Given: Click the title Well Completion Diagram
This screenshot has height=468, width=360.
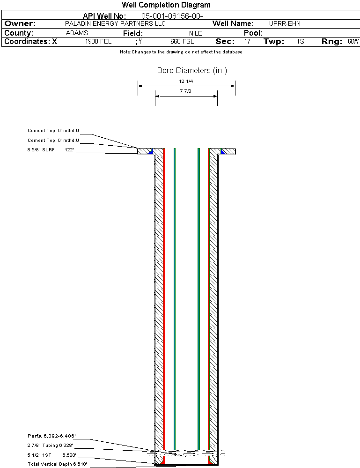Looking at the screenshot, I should pos(166,5).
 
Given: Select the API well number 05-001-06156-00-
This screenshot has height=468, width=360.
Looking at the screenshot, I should pos(172,16).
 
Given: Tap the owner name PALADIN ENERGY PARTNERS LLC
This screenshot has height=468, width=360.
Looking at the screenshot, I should pos(115,23).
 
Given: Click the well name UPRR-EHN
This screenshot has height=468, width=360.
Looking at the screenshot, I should pos(285,23).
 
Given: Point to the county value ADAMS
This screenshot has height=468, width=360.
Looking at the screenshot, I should pos(77,33).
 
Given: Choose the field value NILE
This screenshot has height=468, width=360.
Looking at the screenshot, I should pos(195,33).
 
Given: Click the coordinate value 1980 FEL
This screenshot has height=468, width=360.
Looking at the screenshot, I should pos(98,41).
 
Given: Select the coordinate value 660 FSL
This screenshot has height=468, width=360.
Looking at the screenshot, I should pos(182,41).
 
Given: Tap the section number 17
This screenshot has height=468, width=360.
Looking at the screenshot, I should pos(247,41).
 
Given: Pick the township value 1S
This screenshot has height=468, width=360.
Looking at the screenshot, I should pos(301,41).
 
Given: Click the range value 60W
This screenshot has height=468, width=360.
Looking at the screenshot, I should pos(353,41).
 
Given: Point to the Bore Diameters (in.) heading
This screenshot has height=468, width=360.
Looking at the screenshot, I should pos(192,71).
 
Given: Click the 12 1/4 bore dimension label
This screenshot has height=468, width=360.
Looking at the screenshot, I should pos(186,81).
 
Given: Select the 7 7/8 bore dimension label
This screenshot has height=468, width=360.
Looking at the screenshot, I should pos(186,91).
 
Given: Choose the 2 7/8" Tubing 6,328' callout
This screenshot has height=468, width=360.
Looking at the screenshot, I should pos(50,446).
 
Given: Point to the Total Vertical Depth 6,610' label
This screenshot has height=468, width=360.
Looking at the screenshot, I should pos(57,464).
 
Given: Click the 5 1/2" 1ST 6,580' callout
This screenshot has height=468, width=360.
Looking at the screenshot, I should pos(51,454).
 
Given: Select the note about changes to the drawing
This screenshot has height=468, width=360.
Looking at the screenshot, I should pos(181,52).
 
